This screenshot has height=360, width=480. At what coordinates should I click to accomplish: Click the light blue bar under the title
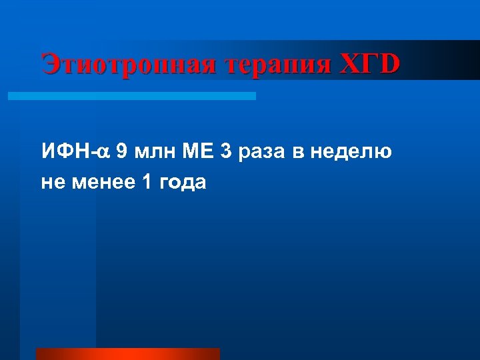click(131, 96)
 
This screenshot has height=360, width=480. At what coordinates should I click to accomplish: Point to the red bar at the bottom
click(127, 353)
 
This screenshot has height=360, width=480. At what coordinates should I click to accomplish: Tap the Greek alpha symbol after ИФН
click(103, 153)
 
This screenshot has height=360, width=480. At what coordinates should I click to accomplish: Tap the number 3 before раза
click(226, 151)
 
